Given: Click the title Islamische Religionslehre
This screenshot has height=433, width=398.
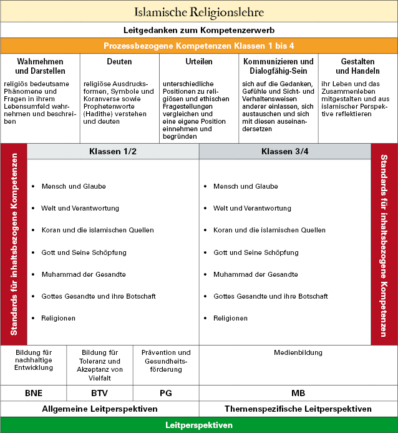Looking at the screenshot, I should click(x=199, y=12).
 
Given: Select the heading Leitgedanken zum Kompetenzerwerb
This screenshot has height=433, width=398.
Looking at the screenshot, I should click(x=199, y=30).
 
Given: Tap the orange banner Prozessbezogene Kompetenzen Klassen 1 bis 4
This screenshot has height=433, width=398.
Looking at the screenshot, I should click(x=199, y=46).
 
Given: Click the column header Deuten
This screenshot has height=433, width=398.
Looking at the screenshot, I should click(x=119, y=62).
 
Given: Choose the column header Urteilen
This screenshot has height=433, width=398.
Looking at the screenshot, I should click(x=199, y=62).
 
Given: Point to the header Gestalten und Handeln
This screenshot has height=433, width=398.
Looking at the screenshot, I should click(x=358, y=66).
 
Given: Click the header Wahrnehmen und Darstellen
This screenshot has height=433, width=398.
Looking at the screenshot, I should click(x=40, y=66).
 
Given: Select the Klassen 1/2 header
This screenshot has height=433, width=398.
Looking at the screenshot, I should click(x=113, y=152).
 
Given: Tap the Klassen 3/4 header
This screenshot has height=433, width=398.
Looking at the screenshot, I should click(x=284, y=152).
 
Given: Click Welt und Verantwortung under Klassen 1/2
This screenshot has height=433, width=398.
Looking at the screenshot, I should click(x=80, y=208).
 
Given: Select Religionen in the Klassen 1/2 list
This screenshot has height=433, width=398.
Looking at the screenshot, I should click(x=58, y=318).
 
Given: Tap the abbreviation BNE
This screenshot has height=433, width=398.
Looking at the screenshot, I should click(x=34, y=394).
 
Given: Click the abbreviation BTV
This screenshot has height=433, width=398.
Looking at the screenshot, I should click(x=99, y=394).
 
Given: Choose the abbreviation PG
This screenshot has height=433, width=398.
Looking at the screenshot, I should click(x=166, y=394).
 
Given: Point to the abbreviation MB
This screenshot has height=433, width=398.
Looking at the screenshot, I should click(x=298, y=394).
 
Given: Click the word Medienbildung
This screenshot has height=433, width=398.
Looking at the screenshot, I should click(x=298, y=353).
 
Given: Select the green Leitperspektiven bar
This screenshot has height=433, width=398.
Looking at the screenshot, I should click(x=199, y=425).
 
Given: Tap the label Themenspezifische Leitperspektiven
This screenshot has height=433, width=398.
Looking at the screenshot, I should click(x=298, y=409).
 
